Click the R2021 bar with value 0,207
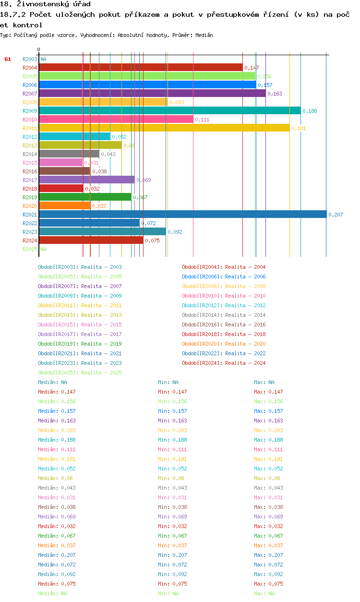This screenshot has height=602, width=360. [x=182, y=214]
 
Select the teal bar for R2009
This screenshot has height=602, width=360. [x=169, y=110]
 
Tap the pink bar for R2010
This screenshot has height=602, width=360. [x=116, y=119]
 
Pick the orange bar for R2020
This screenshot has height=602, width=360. [x=64, y=205]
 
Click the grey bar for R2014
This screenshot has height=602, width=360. [x=69, y=154]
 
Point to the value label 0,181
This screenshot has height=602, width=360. [x=299, y=128]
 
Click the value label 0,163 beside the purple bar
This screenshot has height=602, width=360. [x=275, y=94]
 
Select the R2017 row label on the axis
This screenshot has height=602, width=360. [x=30, y=180]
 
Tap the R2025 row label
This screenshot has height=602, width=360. [x=30, y=249]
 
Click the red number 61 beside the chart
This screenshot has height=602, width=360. [x=8, y=59]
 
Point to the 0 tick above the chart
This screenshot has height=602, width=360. [x=38, y=49]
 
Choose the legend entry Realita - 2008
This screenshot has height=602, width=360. [x=224, y=286]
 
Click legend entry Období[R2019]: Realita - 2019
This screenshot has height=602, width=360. [x=80, y=344]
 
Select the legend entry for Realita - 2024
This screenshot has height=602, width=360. [x=224, y=363]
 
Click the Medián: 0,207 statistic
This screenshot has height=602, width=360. [x=57, y=555]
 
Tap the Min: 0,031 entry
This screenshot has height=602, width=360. [x=172, y=497]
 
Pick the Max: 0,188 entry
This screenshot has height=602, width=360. [x=268, y=440]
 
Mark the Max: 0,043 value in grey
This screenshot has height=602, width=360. [x=268, y=488]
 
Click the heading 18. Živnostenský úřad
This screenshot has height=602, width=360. [x=45, y=4]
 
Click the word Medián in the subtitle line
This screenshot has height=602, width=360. [x=204, y=35]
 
